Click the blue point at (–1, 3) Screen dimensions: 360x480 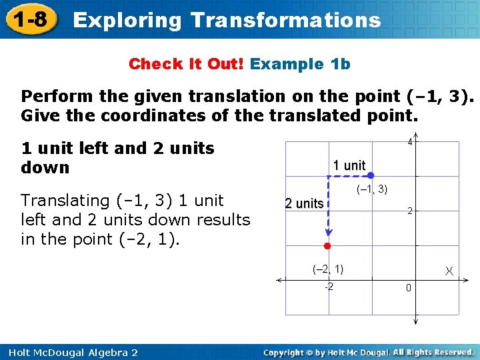(x=371, y=176)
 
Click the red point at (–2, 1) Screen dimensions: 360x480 (x=327, y=246)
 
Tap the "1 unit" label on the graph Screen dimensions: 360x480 (x=349, y=165)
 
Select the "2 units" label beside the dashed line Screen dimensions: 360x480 (x=304, y=203)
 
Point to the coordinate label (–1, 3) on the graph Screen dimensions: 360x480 (x=372, y=189)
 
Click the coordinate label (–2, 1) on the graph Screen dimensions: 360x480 (x=328, y=269)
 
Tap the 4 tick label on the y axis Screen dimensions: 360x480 (x=410, y=142)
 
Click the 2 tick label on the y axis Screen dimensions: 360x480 (x=409, y=211)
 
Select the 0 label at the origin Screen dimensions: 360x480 (x=408, y=289)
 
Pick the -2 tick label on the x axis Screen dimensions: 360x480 (x=328, y=287)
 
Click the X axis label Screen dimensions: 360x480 (x=449, y=271)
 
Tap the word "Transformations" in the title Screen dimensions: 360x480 (x=285, y=20)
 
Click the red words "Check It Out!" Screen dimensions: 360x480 (x=187, y=64)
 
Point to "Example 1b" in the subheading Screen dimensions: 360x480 (x=301, y=64)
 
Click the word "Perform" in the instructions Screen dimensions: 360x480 (x=57, y=97)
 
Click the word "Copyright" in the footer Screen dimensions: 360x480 (x=287, y=352)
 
